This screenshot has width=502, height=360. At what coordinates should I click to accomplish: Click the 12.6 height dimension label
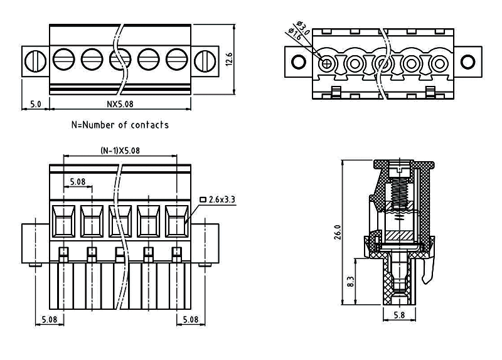230,60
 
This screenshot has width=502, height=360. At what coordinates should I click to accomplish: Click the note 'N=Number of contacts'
120,125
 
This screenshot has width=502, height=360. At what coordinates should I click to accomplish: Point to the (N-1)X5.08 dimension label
120,151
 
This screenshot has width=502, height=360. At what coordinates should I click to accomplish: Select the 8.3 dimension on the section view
350,282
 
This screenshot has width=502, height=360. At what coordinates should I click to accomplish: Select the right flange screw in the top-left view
205,61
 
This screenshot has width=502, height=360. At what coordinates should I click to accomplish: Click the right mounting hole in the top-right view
467,61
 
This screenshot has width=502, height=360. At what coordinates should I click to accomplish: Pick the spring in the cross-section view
398,189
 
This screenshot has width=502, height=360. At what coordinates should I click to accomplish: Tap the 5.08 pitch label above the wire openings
78,181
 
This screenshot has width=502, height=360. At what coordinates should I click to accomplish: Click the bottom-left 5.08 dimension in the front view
49,319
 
